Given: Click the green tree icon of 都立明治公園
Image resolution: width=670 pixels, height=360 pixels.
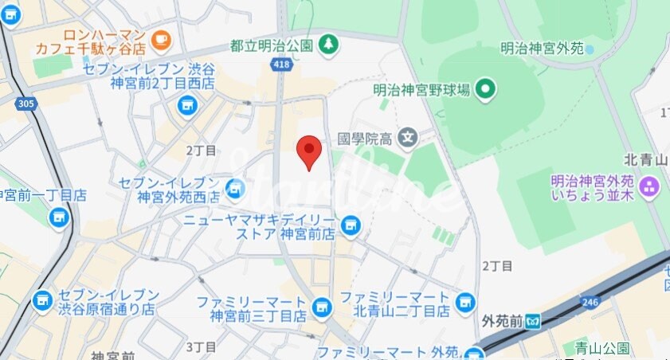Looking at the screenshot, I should [327, 45].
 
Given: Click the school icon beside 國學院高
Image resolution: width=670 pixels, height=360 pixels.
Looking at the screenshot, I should [408, 138].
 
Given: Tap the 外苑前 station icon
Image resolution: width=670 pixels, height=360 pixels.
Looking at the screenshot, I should [534, 322].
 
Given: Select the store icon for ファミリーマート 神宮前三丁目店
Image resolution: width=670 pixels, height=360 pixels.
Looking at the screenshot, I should [321, 306].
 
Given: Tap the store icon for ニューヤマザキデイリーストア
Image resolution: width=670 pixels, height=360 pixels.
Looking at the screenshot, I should [349, 227].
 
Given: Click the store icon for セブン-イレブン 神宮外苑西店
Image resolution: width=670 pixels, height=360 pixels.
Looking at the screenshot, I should [234, 188].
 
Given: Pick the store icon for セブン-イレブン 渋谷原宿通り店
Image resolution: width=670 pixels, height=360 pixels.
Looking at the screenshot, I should [41, 301].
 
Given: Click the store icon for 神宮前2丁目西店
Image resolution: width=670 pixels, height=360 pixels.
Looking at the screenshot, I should [187, 104].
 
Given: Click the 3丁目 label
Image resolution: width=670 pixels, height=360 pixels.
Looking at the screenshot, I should [201, 346].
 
